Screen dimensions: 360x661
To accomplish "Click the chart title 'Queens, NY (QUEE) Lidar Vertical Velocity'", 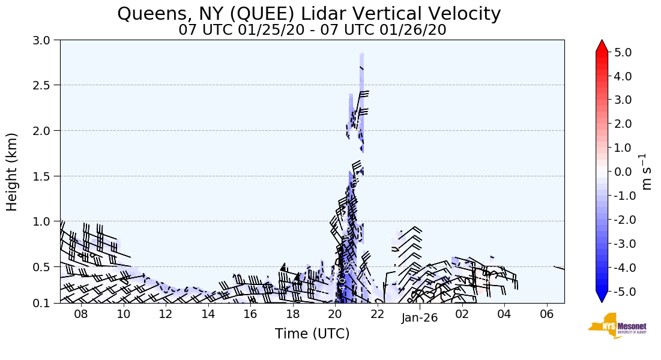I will coord(309,13).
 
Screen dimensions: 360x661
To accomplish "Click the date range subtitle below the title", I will coord(312,29).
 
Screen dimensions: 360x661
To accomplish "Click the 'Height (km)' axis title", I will coord(12,172).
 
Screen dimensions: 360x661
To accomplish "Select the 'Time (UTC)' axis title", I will coord(312,334).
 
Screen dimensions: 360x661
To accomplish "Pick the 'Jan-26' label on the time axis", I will coord(420,318).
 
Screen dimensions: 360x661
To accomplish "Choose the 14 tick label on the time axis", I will coord(208,314).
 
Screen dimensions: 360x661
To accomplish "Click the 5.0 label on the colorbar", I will coord(623,52).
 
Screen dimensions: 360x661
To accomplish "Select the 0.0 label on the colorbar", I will coord(623,172).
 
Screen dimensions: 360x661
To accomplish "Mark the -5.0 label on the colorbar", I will coord(621,291).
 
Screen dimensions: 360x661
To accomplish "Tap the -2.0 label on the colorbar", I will coord(621,220).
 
